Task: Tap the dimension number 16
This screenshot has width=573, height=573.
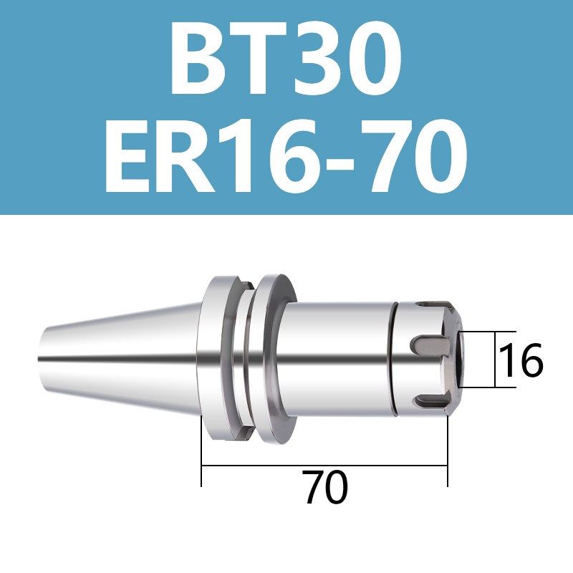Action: tap(521, 360)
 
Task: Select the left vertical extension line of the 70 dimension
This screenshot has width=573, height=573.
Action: tap(202, 458)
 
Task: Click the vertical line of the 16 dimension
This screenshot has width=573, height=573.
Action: tap(496, 360)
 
